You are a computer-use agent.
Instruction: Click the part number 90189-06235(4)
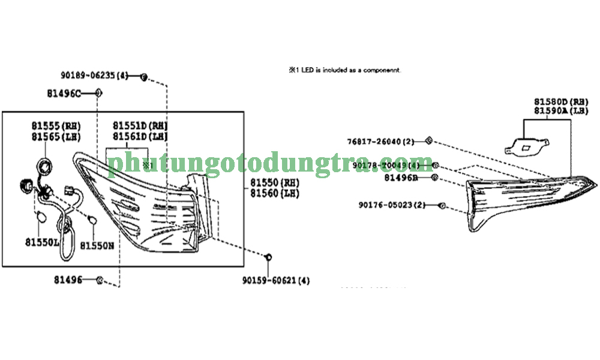point(94,76)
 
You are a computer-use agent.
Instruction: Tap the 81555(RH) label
point(56,126)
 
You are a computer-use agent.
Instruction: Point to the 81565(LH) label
point(56,136)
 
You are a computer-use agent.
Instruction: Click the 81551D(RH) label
point(140,126)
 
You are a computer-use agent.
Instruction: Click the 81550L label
point(42,242)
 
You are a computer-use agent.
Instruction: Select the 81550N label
point(97,245)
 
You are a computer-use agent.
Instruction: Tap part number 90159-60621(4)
point(277,280)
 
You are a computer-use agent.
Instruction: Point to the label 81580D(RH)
point(562,102)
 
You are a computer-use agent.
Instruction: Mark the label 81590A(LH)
point(562,111)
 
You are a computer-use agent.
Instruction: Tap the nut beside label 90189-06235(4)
point(144,76)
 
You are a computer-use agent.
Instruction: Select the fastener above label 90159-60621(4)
point(269,257)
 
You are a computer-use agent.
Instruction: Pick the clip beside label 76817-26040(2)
point(428,141)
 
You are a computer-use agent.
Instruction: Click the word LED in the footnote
point(307,70)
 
